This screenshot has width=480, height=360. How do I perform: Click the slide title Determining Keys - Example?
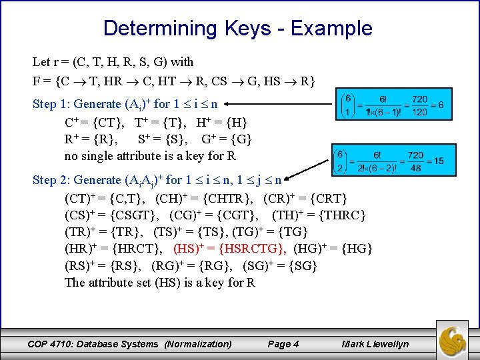[x=237, y=28]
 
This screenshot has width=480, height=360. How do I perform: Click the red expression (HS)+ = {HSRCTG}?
[x=230, y=249]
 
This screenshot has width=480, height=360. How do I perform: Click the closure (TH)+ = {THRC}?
[x=319, y=215]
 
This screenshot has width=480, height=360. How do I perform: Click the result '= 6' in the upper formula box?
[x=437, y=105]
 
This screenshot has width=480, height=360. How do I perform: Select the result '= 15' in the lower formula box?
[x=433, y=161]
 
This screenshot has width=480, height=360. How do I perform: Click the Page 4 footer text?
[x=283, y=344]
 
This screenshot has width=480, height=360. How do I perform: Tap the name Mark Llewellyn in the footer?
[x=375, y=344]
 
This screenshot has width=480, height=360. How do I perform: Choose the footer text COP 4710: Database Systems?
[x=93, y=344]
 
